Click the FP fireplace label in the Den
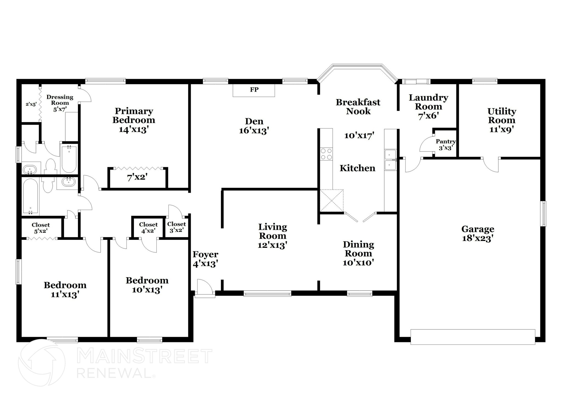tap(254, 90)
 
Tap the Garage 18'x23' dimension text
tap(478, 238)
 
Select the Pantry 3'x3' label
tap(446, 144)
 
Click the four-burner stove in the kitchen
tap(326, 154)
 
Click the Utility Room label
tap(502, 116)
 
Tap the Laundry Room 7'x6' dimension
tap(428, 116)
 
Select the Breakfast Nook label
tap(358, 106)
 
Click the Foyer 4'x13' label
tap(205, 259)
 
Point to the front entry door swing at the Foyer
tap(204, 287)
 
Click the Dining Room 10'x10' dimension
tap(358, 263)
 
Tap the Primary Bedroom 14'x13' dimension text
tap(134, 129)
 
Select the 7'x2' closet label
tap(137, 177)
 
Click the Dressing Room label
tap(60, 100)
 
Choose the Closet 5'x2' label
tap(41, 228)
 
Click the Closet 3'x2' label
tap(176, 227)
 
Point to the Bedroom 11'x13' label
tap(65, 290)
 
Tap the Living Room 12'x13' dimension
tap(272, 245)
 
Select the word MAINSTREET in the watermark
tap(144, 356)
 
